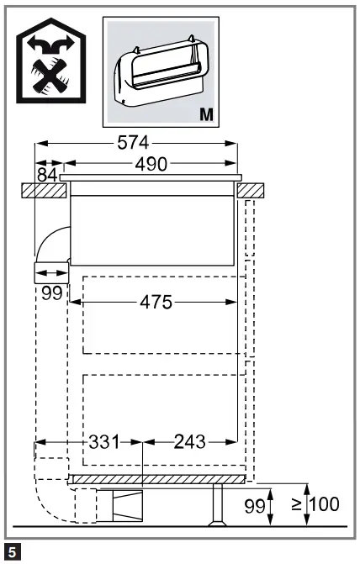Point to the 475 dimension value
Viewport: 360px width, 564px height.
coord(155,303)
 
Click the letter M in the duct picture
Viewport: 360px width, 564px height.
coord(206,113)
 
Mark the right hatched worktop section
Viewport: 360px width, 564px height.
coord(250,191)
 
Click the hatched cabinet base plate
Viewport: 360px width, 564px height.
coord(158,479)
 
